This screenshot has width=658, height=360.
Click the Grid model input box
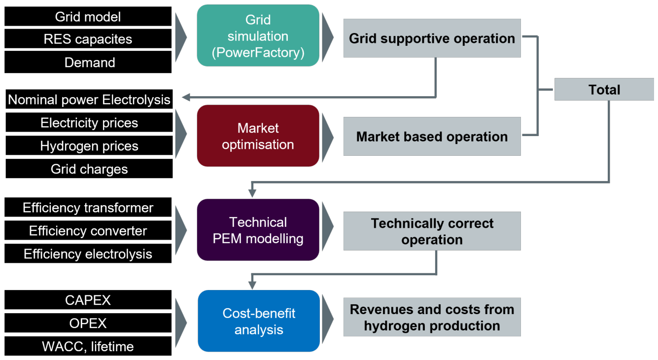pos(88,16)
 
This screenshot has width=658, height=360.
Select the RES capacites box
pos(88,39)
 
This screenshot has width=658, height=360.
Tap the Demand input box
pos(88,62)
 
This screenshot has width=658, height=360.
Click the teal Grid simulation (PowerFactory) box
pos(258,36)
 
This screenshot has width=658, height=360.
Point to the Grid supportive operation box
pos(432,38)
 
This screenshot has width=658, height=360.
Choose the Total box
pos(604,89)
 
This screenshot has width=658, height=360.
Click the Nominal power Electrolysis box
pos(89,99)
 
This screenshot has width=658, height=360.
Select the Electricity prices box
pos(89,122)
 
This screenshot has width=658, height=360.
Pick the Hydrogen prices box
pos(89,145)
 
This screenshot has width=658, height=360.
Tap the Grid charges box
pos(89,169)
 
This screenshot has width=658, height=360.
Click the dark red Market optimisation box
pos(258,136)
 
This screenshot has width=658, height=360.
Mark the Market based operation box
pos(432,137)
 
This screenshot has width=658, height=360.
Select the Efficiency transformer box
pos(88,207)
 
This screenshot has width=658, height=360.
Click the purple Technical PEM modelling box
pos(258,230)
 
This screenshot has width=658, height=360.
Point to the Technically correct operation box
pos(432,231)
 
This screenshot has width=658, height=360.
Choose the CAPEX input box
pos(88,300)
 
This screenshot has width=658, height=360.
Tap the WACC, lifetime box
pos(88,346)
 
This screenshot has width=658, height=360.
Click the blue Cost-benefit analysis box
pos(259,321)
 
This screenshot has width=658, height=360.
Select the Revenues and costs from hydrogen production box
pos(432,317)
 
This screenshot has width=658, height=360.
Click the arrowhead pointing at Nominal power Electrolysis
pos(186,97)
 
